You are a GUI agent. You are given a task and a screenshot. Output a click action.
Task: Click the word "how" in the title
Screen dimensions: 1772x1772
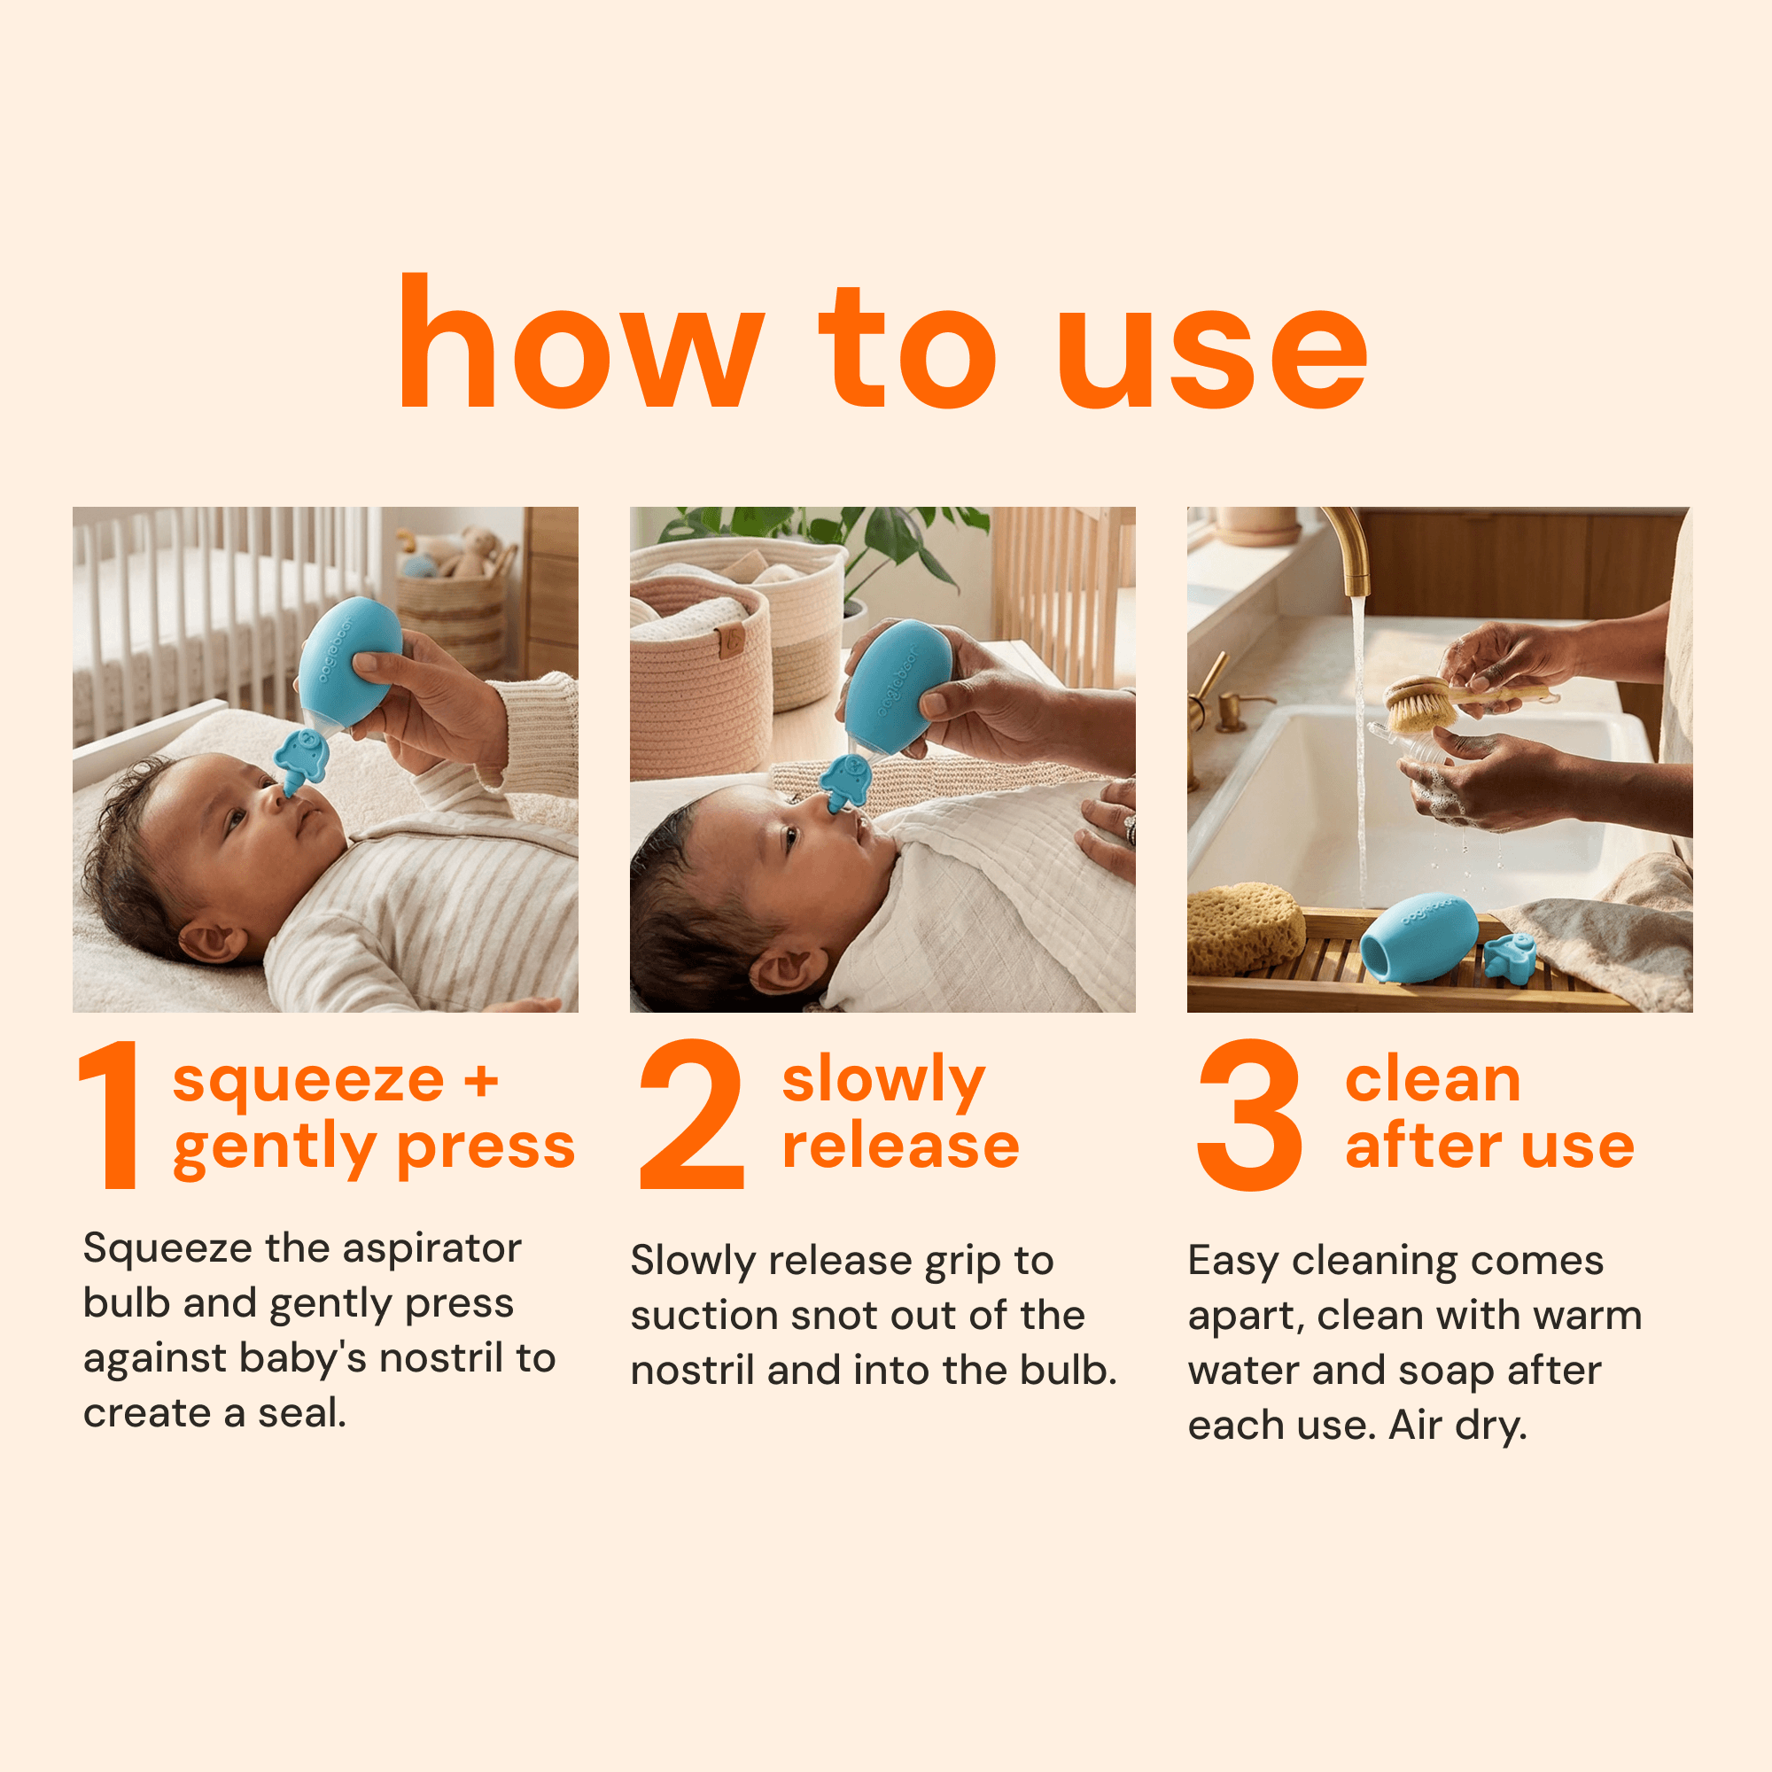(x=580, y=341)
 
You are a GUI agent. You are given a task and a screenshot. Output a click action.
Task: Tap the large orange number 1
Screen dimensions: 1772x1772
(x=111, y=1114)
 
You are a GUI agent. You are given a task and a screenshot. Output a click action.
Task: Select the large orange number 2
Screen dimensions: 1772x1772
(x=692, y=1114)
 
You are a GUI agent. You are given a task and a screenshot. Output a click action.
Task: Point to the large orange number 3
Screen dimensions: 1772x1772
(x=1250, y=1115)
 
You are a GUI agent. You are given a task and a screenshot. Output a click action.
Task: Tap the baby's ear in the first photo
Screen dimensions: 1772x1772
(x=207, y=942)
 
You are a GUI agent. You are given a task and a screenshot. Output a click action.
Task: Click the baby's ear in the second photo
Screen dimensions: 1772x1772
(x=785, y=969)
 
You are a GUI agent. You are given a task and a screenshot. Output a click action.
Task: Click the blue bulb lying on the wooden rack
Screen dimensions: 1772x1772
(x=1418, y=939)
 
